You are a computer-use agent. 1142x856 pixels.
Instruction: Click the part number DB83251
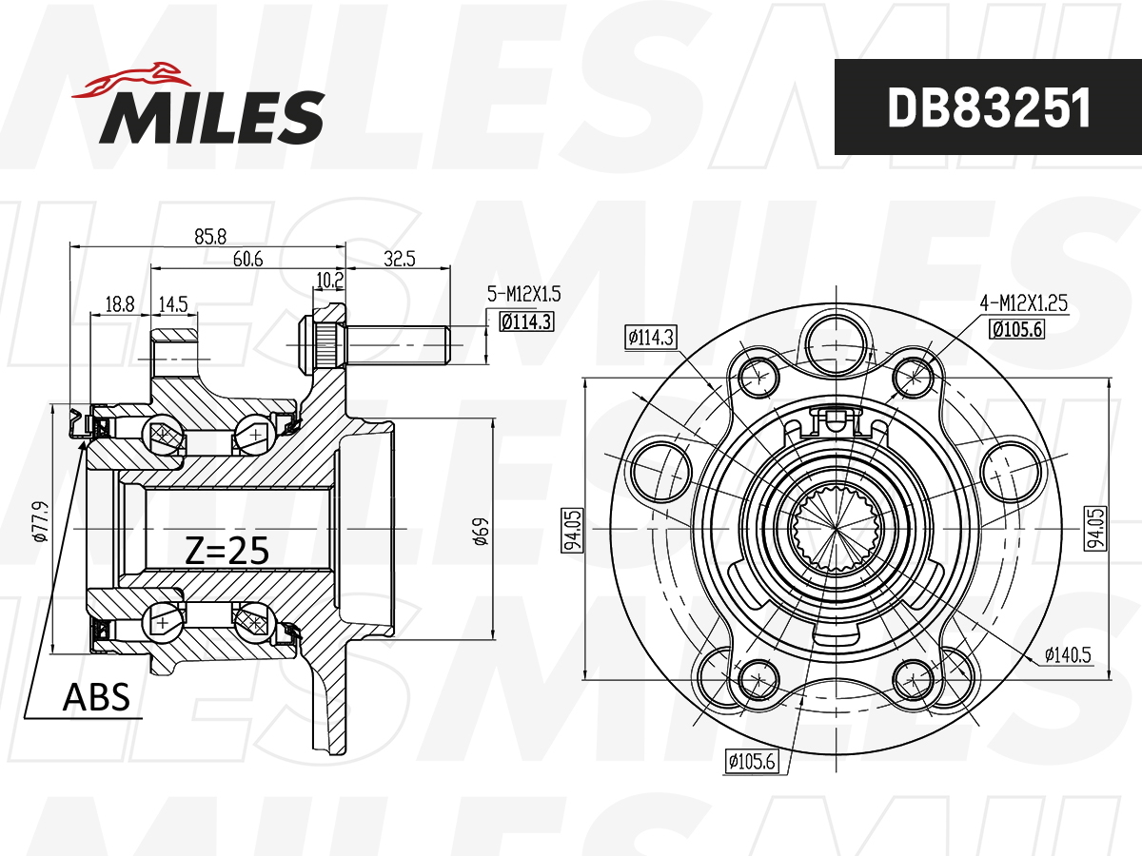(989, 107)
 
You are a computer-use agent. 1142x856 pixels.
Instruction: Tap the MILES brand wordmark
(212, 117)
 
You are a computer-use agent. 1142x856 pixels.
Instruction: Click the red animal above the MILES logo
(132, 81)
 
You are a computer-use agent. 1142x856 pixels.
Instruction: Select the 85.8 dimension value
(210, 237)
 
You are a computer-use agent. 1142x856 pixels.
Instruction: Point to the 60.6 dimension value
(247, 259)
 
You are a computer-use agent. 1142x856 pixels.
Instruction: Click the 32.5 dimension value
(399, 259)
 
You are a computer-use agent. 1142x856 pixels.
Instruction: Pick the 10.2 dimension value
(330, 281)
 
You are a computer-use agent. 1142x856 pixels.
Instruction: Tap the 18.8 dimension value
(120, 303)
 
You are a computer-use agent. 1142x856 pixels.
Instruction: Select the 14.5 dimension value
(173, 303)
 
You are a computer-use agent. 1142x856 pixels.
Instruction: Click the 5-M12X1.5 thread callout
(523, 294)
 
